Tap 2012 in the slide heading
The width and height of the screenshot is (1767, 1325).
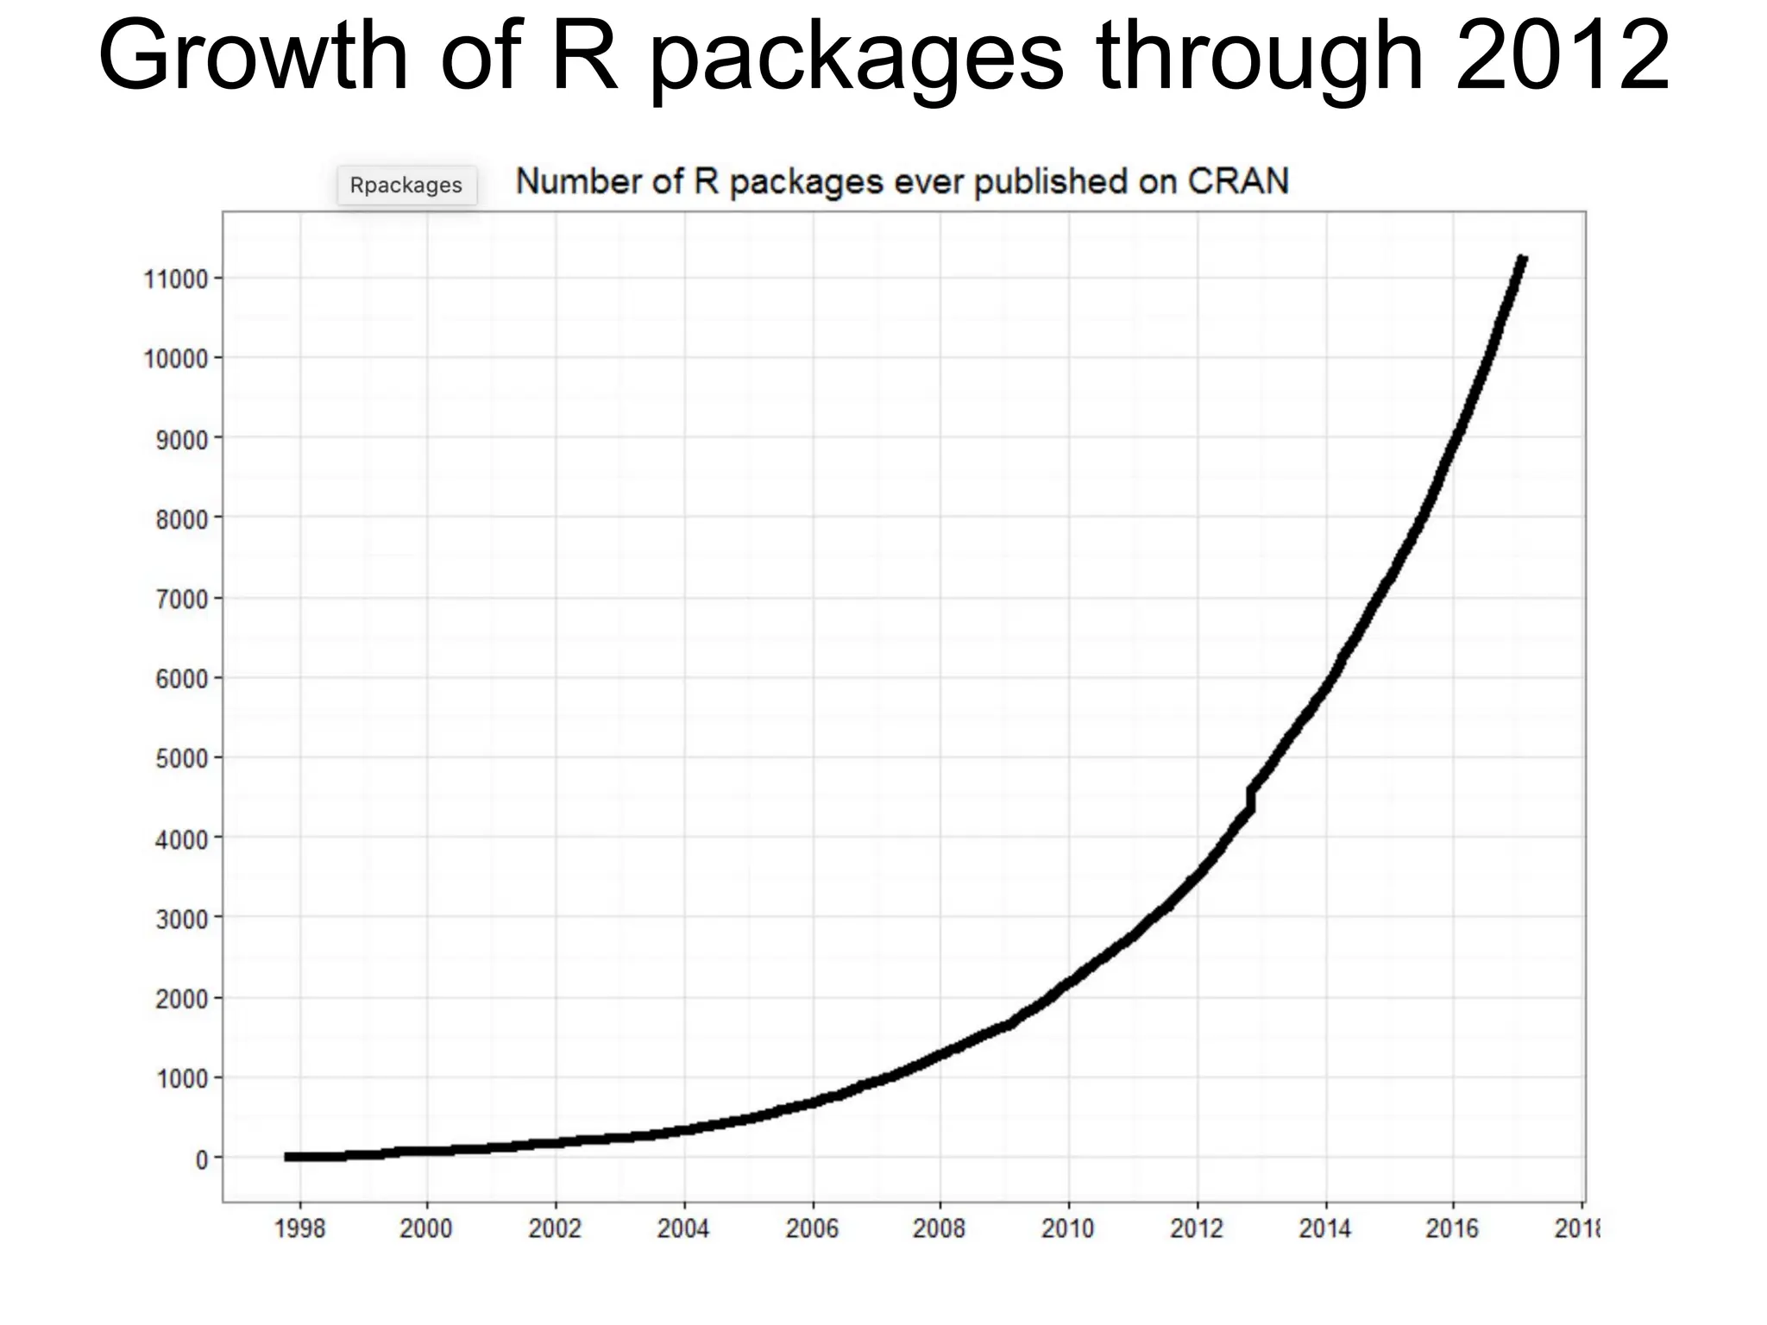[1563, 57]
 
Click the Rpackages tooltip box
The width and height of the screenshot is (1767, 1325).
[406, 185]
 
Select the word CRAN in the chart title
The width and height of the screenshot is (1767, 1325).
[1237, 182]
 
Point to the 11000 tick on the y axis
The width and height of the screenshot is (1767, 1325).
[176, 279]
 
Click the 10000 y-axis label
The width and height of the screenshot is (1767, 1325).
[176, 360]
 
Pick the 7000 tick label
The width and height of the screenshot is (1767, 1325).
[182, 600]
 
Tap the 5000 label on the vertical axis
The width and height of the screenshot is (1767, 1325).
[182, 759]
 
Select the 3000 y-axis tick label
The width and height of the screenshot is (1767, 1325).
[182, 920]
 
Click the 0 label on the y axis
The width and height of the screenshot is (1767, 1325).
[202, 1160]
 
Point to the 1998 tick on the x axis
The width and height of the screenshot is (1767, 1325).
[300, 1228]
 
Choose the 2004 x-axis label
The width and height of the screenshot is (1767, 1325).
[683, 1228]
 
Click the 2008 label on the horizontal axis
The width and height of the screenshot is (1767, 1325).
[940, 1228]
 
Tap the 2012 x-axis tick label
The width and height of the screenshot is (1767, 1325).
[1197, 1228]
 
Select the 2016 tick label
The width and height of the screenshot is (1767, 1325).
[1453, 1228]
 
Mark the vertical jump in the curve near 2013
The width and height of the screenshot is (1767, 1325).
[1251, 798]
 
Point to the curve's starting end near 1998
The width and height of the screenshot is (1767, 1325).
[290, 1157]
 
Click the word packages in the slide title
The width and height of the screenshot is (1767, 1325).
[857, 57]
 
